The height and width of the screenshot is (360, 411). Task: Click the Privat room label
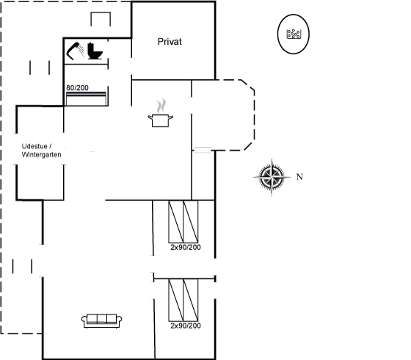pos(170,42)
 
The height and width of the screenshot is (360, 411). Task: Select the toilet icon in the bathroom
pos(95,51)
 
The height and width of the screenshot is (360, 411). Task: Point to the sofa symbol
pos(102,320)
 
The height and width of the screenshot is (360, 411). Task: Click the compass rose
pos(272,177)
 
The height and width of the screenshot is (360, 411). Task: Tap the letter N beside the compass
pos(299,177)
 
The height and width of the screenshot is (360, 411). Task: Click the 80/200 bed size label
pos(77,88)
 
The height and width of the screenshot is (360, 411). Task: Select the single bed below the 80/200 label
pos(87,99)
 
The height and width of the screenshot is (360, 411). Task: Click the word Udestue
pos(34,146)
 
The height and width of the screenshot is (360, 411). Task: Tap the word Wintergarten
pos(41,155)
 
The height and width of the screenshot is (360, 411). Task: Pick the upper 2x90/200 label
pos(186,247)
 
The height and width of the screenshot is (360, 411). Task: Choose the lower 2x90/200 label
pos(186,326)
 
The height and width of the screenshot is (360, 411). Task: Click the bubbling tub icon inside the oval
pos(294,34)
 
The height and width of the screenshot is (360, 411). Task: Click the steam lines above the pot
pos(161,106)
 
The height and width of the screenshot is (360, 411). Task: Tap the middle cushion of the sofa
pos(102,318)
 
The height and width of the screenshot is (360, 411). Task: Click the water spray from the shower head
pos(81,50)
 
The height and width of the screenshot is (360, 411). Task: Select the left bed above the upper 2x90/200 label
pos(176,221)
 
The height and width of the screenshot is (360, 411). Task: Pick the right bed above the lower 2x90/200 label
pos(191,300)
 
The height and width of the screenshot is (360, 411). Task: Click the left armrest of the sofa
pos(84,320)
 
